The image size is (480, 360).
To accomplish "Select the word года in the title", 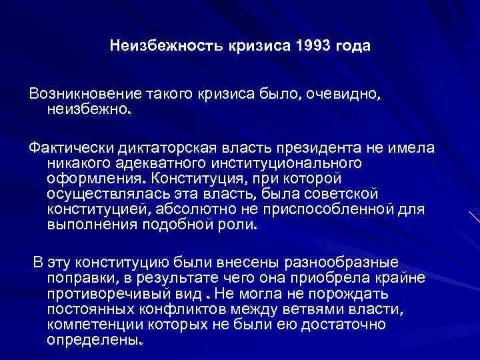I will [x=350, y=47].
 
